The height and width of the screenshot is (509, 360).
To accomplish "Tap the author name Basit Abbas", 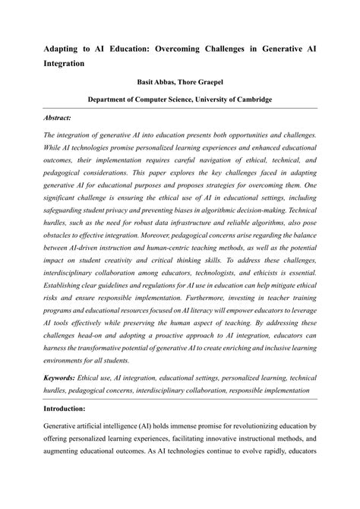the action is (156, 82).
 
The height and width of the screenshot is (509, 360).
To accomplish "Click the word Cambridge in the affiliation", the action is (245, 100).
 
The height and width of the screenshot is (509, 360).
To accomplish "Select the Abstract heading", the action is (57, 118).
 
